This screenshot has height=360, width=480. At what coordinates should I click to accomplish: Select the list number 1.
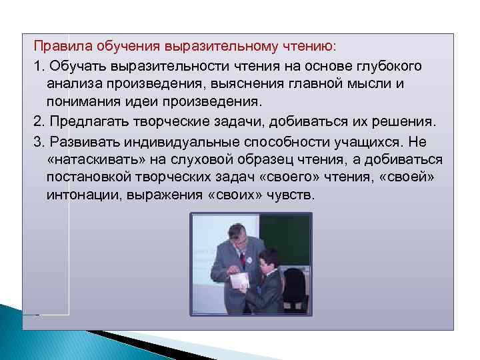[37, 67]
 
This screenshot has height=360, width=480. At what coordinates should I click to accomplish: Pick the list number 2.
[37, 123]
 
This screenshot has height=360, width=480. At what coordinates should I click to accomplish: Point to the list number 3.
[37, 141]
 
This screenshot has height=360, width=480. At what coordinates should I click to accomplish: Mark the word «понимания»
[82, 104]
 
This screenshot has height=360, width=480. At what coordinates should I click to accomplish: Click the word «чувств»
[293, 197]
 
